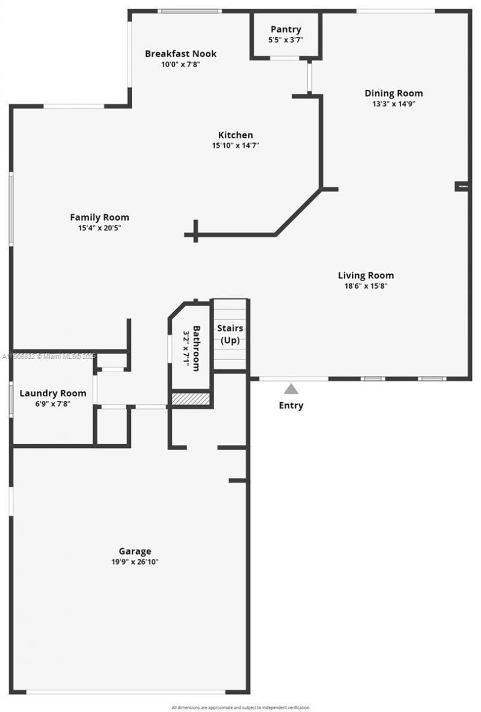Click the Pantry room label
[286, 29]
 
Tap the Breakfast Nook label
[180, 54]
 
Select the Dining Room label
[393, 93]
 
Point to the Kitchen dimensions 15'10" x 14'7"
[235, 145]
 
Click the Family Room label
[99, 217]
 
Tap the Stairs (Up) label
[230, 334]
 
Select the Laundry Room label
[53, 393]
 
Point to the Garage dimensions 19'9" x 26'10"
[135, 562]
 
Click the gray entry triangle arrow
[291, 389]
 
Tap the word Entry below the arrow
[291, 405]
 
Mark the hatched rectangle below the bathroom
[191, 398]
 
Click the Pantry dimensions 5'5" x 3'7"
[286, 40]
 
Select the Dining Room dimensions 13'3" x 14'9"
[393, 103]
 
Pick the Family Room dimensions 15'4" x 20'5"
[99, 227]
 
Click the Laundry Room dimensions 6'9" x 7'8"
[53, 404]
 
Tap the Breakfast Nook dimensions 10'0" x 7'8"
[180, 64]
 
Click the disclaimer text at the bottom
[240, 707]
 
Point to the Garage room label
[135, 551]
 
